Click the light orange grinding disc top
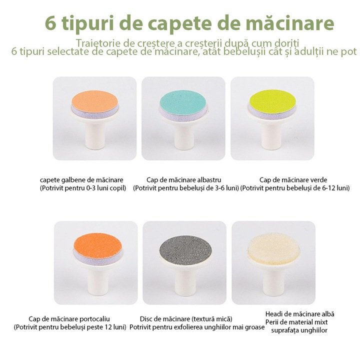click(x=94, y=101)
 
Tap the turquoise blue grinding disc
click(x=183, y=101)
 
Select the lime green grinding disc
click(x=272, y=101)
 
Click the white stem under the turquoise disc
click(x=183, y=135)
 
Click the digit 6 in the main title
click(x=50, y=23)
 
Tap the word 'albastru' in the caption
click(x=209, y=180)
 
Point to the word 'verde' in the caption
click(x=318, y=180)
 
